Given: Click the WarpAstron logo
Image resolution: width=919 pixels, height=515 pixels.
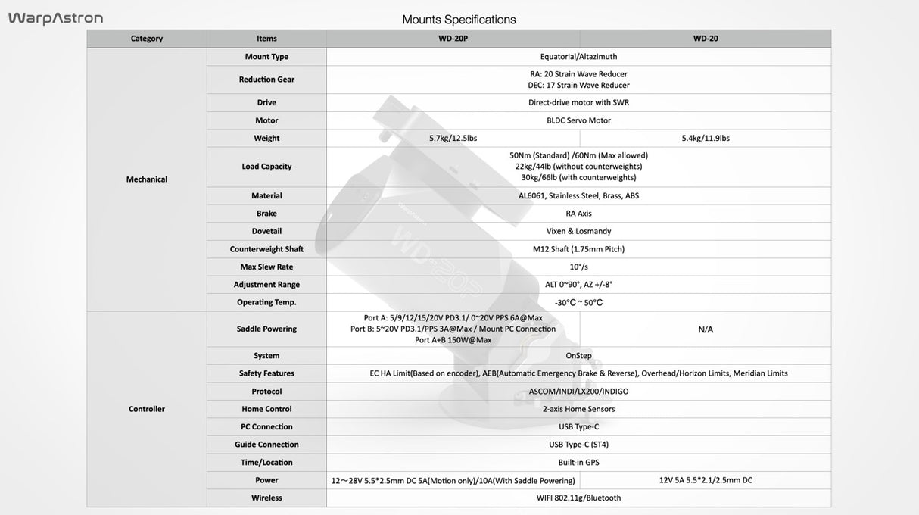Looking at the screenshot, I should click(55, 18).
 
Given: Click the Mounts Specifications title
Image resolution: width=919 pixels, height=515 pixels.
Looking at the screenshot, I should click(459, 20).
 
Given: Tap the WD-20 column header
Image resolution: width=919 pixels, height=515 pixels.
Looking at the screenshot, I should click(706, 39).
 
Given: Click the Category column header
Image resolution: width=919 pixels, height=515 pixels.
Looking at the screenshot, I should click(147, 39).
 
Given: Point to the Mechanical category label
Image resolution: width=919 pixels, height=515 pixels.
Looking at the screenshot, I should click(147, 179).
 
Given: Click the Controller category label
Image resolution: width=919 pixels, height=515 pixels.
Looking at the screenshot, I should click(147, 409).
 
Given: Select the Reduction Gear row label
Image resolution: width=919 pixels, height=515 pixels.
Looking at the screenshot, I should click(266, 80).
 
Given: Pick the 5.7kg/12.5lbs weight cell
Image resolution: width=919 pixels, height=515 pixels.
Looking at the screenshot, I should click(453, 138).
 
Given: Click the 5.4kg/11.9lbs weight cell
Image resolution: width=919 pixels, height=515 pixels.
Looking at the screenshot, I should click(706, 138).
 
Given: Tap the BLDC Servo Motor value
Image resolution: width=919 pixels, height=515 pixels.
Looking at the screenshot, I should click(578, 120).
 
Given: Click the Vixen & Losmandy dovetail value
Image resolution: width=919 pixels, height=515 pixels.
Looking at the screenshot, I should click(578, 231).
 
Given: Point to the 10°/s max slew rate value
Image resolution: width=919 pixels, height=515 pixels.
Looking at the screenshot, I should click(578, 267).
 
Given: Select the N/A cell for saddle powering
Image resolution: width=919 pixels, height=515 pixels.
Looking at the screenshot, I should click(706, 329).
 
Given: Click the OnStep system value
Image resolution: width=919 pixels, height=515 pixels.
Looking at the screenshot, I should click(578, 355).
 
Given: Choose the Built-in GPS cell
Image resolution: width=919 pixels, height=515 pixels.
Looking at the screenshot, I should click(578, 462).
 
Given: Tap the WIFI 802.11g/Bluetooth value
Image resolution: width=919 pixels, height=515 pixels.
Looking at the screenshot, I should click(578, 498).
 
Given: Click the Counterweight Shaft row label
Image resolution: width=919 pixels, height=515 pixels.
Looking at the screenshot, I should click(266, 249).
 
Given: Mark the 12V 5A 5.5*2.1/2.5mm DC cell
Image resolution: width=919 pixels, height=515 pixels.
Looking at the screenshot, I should click(706, 480).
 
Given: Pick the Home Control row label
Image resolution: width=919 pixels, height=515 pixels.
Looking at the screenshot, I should click(266, 409).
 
